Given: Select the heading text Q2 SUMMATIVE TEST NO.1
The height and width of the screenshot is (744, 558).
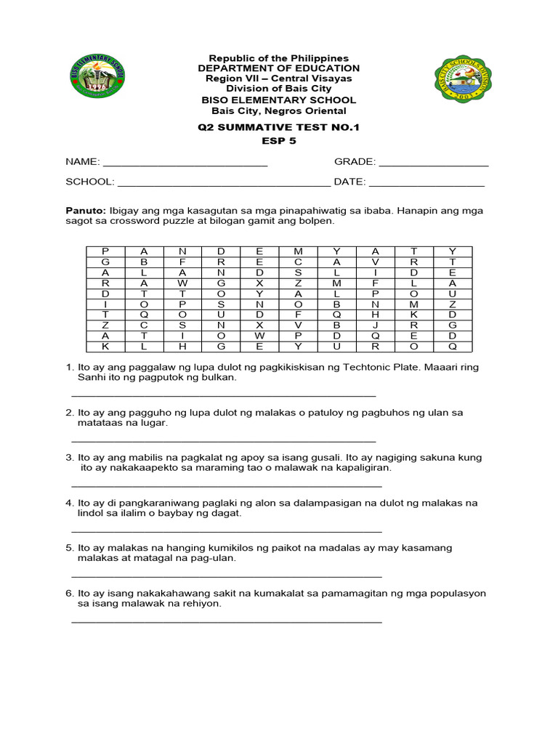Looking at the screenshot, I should [279, 127].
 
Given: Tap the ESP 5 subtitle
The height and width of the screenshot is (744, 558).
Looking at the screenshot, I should [279, 141].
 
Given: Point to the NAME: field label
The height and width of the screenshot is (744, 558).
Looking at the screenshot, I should [83, 162].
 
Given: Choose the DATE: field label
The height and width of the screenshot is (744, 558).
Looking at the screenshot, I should [349, 182].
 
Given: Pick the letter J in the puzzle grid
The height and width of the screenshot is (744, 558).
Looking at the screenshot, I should [376, 325].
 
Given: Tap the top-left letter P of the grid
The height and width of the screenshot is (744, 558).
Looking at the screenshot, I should [105, 251].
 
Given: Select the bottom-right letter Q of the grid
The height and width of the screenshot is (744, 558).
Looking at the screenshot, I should [453, 347].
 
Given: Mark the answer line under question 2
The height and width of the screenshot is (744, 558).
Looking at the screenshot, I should [224, 440].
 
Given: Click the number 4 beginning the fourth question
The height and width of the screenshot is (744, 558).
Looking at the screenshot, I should [69, 503].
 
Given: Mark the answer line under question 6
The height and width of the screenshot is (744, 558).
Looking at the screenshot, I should [227, 621].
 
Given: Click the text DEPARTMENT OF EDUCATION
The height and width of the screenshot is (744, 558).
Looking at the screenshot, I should [279, 68].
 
